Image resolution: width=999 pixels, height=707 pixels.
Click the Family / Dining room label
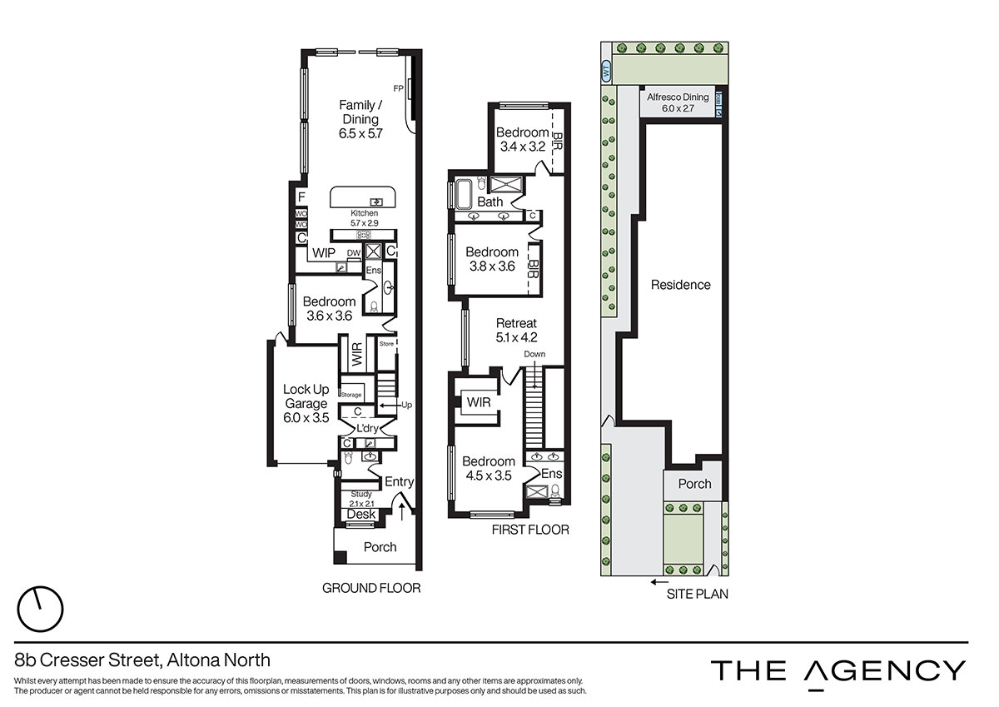point(360,119)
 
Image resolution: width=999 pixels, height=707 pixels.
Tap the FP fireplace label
point(398,89)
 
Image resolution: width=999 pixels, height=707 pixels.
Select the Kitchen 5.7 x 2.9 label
point(364,218)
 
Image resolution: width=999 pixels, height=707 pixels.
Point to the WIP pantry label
point(324,253)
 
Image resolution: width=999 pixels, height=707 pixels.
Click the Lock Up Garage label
point(306,403)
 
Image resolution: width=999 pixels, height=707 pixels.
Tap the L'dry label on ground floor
point(367,429)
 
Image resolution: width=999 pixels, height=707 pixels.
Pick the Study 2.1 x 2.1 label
point(361,499)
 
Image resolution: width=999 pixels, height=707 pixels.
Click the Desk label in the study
point(361,515)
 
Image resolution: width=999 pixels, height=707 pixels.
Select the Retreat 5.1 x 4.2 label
point(516,330)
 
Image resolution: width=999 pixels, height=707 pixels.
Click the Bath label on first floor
point(490,202)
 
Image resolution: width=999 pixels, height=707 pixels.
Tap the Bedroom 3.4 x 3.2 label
point(522,139)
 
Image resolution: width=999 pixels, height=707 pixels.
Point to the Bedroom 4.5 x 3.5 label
point(489,468)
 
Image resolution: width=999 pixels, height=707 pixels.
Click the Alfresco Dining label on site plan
point(678,97)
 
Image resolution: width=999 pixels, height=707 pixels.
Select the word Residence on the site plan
point(681,285)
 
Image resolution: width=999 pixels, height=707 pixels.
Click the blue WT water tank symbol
point(606,72)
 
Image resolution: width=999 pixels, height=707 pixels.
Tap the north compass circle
point(40,609)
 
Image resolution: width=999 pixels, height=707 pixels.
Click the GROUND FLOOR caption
point(371,589)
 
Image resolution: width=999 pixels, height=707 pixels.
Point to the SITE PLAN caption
point(697,594)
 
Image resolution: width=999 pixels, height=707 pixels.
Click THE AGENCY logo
point(838,673)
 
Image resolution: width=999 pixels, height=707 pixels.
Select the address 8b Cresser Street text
point(87,660)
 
